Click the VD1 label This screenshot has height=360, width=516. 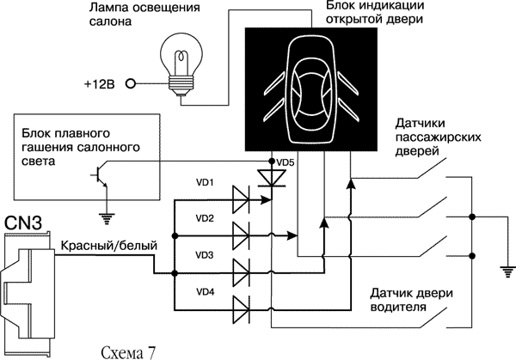(204, 182)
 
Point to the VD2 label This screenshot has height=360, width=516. (204, 218)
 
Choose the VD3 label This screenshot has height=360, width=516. (204, 255)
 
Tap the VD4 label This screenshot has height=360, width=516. (204, 292)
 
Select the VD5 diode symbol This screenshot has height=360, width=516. (274, 178)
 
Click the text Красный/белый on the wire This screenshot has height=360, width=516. (108, 246)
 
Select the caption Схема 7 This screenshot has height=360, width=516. (129, 351)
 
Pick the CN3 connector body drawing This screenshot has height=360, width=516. (26, 278)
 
